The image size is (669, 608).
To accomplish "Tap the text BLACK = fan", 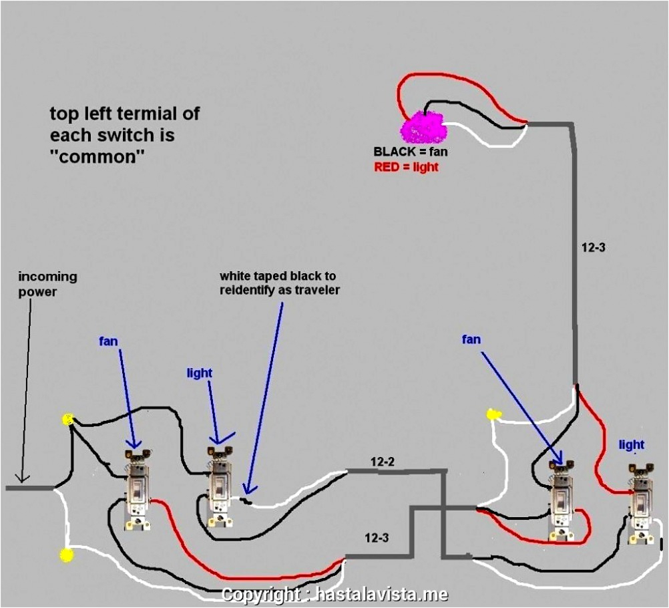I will tap(411, 152).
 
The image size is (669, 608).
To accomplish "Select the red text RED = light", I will tap(406, 167).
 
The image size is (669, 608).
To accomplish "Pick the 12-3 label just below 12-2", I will tap(377, 538).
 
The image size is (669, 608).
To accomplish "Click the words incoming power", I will tap(47, 283).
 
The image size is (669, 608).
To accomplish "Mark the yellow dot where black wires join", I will tap(67, 420).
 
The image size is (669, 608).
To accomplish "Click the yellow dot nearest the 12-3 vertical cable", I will tap(493, 414).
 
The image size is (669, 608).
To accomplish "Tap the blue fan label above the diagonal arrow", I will tap(471, 339).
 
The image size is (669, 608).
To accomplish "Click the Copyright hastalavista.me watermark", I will tap(334, 595).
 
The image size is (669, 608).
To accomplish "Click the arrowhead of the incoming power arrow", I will tap(23, 478).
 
